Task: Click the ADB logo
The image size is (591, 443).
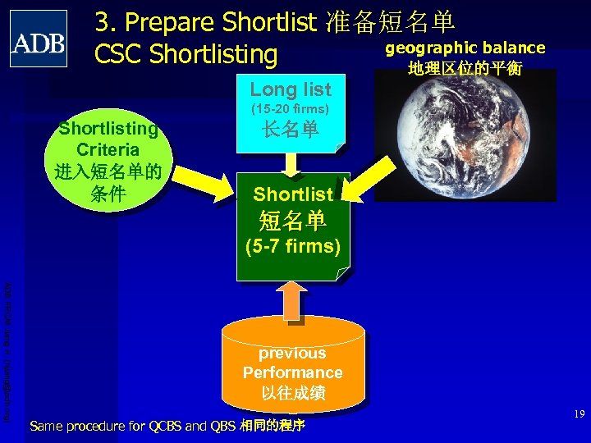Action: (x=39, y=39)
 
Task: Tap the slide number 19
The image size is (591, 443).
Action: (x=579, y=414)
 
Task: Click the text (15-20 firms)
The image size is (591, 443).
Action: (x=291, y=108)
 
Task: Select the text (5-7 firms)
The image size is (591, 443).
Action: (x=293, y=246)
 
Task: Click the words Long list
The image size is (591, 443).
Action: (x=291, y=89)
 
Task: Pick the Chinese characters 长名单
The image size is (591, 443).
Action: (x=291, y=130)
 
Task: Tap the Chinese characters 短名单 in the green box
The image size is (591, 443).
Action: (x=293, y=220)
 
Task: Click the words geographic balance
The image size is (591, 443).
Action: (x=465, y=48)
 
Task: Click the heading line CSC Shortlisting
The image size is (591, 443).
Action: (x=186, y=54)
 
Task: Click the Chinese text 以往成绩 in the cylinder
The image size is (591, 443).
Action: (x=293, y=393)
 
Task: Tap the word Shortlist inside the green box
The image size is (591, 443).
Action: (x=293, y=194)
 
